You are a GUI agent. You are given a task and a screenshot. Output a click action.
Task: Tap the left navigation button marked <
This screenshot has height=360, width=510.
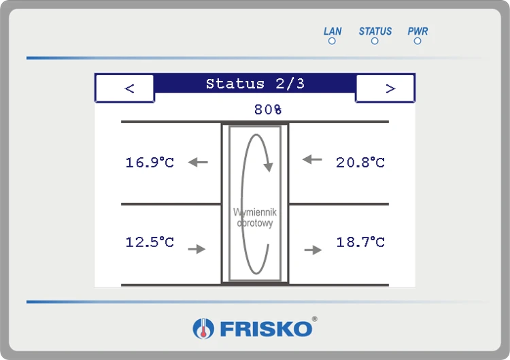point(125,88)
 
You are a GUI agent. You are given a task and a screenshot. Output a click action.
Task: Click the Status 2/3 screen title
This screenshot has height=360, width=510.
point(255,84)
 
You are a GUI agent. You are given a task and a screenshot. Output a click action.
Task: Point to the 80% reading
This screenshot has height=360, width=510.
point(268,110)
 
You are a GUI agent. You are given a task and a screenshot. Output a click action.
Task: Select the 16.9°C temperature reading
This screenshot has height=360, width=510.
point(150,162)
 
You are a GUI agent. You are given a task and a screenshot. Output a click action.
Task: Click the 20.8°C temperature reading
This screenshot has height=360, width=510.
point(360,162)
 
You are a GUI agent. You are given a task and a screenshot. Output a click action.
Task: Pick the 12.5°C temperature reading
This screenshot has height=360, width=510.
point(150,242)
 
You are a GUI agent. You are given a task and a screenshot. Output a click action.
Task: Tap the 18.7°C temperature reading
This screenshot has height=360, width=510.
point(360,242)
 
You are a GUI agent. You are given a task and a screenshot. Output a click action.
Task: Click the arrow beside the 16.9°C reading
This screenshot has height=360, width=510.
point(198,162)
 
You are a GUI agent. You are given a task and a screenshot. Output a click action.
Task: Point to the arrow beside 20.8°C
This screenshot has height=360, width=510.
point(312,159)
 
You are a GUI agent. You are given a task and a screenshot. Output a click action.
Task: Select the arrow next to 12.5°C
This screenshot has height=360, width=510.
point(197,249)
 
